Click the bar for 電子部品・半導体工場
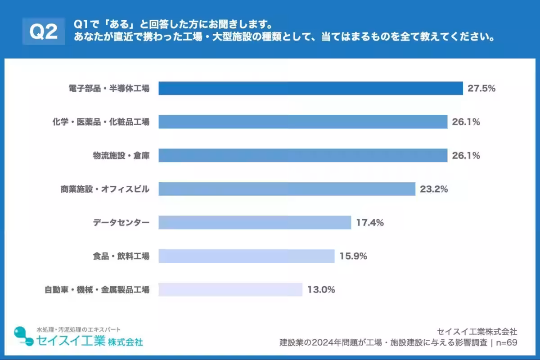310,88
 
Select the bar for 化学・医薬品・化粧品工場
303,122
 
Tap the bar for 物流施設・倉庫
303,156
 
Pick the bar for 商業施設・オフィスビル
287,189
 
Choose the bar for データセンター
255,222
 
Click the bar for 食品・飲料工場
247,256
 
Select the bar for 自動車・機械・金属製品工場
230,289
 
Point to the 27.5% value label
481,88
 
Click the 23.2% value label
434,189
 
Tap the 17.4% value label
370,222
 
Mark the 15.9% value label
353,256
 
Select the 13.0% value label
321,289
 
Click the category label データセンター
121,222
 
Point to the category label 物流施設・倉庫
121,156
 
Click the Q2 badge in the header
43,31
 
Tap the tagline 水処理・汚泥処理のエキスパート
78,329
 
